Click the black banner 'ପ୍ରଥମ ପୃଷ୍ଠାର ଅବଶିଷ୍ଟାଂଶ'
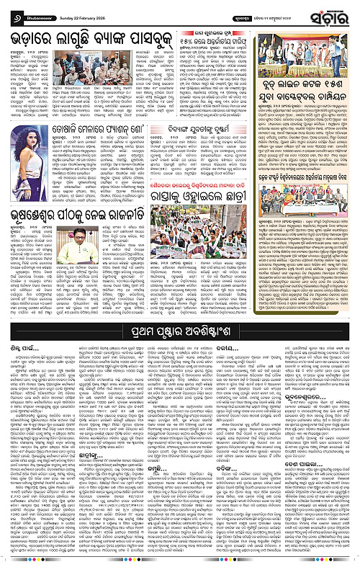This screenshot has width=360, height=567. tap(180, 311)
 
